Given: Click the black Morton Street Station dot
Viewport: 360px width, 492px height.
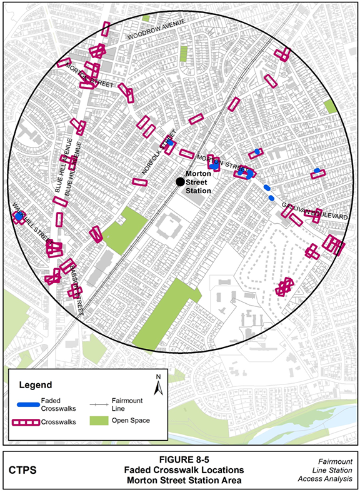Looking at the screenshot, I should click(x=180, y=181).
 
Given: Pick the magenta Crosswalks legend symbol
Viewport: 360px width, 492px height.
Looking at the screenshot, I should click(x=26, y=422).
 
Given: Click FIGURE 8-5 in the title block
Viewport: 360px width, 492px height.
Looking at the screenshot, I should click(x=179, y=459).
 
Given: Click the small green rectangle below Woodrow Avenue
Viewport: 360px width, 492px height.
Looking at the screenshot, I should click(x=183, y=53).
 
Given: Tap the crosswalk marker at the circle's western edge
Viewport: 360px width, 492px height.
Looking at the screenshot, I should click(x=18, y=217).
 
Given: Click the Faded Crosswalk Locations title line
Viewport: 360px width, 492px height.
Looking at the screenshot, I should click(x=179, y=470).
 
